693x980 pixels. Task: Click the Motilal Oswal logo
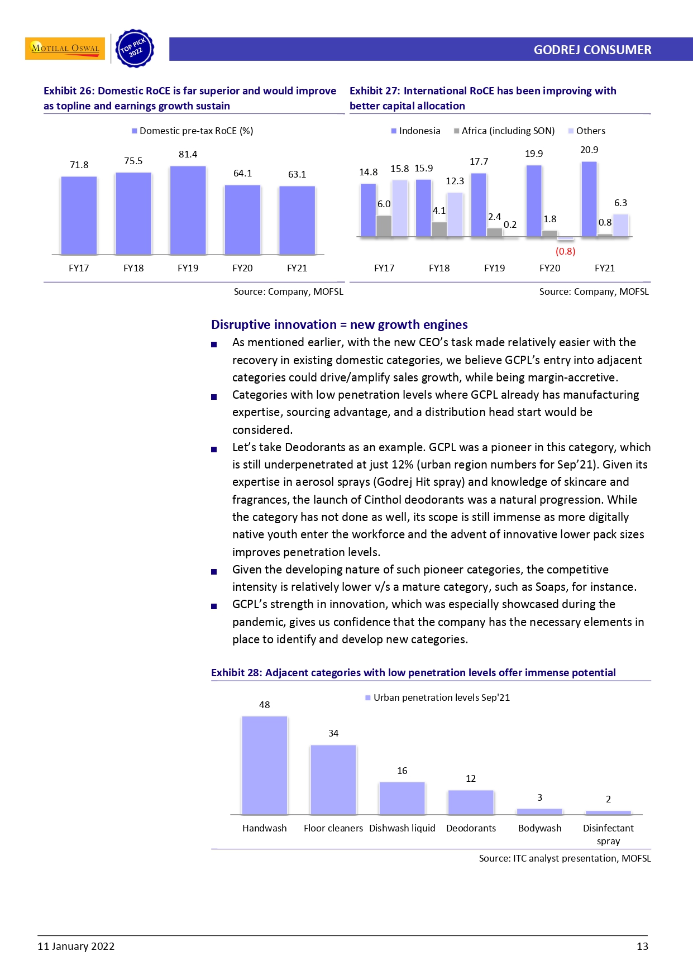pos(65,49)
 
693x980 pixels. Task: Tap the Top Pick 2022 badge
pos(135,49)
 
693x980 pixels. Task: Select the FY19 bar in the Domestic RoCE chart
pos(188,211)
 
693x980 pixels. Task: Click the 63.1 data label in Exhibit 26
pos(297,174)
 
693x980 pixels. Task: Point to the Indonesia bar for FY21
pos(589,199)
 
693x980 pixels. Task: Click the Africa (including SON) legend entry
pos(504,131)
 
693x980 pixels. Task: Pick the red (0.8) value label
pos(565,251)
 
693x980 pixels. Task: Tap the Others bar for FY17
pos(399,208)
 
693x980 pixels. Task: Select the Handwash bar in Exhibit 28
pos(264,765)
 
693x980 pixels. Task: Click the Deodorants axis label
pos(471,828)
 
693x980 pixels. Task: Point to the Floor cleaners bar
pos(333,780)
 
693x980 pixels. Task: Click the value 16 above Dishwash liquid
pos(402,771)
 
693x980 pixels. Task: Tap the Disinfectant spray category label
pos(608,834)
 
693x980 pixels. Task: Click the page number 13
pos(642,946)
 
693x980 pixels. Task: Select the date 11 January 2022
pos(76,946)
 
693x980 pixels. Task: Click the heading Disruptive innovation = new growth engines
pos(339,324)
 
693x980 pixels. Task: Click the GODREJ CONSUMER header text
pos(592,50)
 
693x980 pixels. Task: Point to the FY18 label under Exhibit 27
pos(439,268)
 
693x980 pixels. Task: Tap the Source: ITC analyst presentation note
pos(565,858)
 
